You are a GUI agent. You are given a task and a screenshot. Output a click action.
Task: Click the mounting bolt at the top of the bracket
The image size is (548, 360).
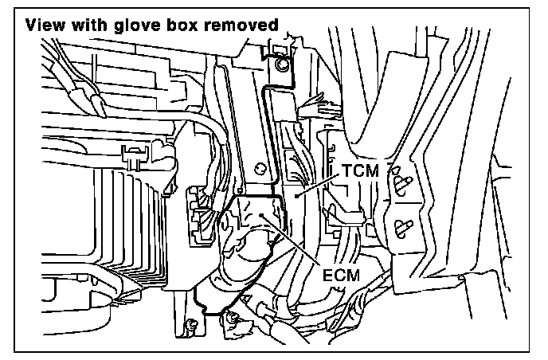point(280,65)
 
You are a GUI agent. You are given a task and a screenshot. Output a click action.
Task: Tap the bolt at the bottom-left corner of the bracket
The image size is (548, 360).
point(190,323)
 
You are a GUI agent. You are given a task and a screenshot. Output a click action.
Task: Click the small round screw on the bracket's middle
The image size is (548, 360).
point(260,167)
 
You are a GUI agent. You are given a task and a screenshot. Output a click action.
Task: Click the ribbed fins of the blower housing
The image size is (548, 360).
point(119,231)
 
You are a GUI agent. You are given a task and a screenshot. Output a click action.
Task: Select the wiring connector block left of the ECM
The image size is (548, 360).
point(199,211)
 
